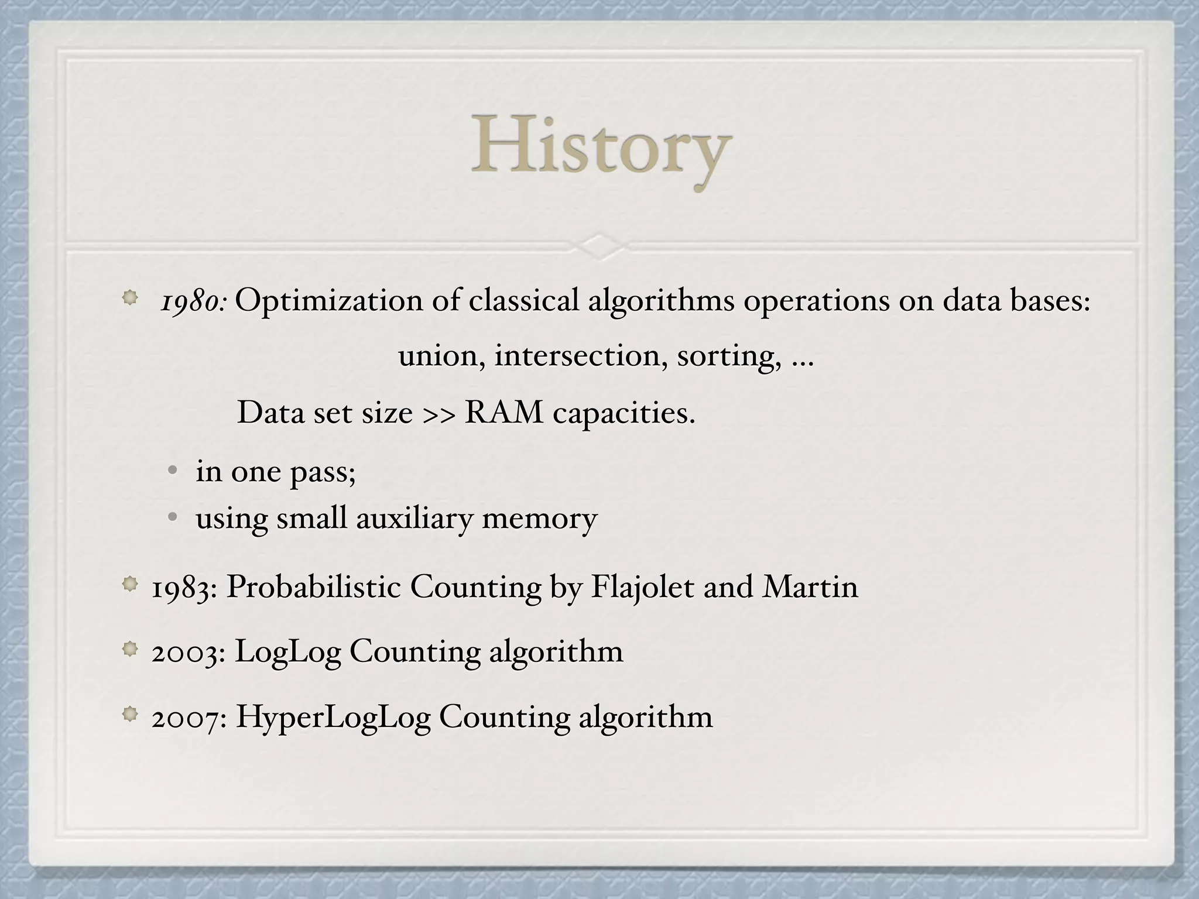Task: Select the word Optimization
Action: click(328, 301)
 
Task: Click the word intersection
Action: click(577, 355)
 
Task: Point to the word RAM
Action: click(503, 412)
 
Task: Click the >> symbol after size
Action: click(439, 413)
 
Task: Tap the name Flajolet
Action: click(642, 587)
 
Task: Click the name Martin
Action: click(810, 586)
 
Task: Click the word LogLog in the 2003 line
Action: click(287, 651)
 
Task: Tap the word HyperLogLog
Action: click(333, 717)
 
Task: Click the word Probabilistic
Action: click(313, 586)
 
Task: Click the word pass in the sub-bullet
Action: click(322, 472)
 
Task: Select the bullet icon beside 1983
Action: click(130, 584)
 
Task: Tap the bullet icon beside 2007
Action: click(130, 713)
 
